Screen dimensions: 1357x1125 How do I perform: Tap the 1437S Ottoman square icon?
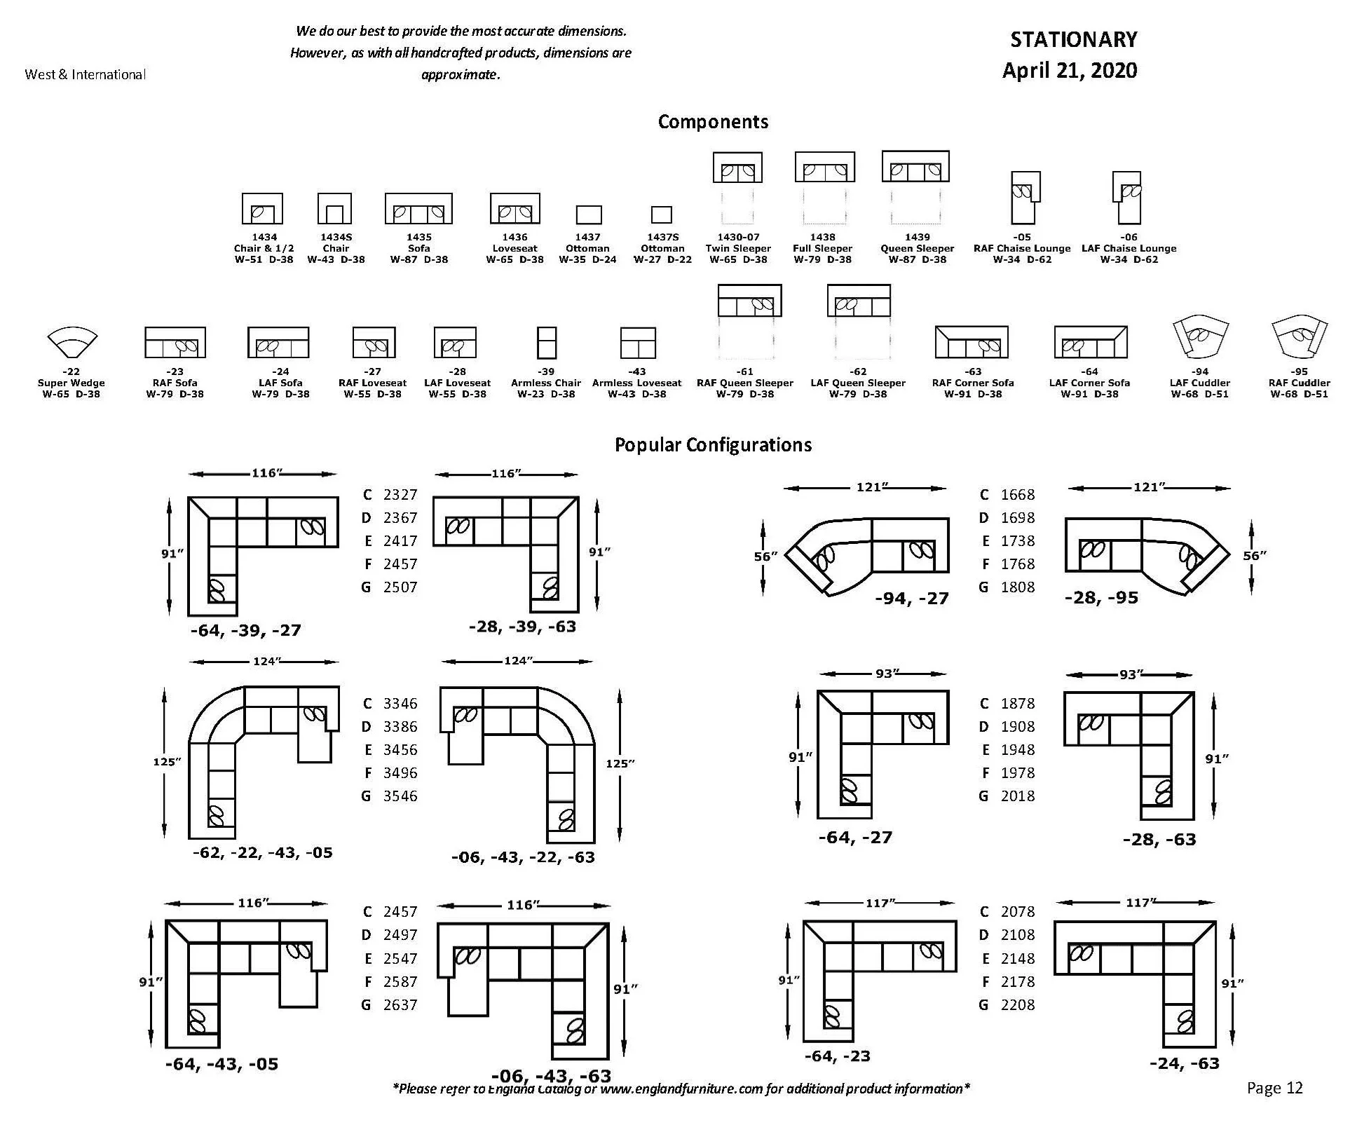pos(661,214)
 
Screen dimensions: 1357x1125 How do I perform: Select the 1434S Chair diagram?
pos(334,209)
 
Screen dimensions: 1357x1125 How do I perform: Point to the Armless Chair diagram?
pos(546,343)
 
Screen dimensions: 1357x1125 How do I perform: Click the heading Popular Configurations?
pos(713,445)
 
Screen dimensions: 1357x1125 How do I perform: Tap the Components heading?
pos(713,122)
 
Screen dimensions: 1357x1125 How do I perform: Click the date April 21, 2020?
pos(1070,71)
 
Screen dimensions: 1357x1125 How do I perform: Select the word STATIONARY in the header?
pos(1073,40)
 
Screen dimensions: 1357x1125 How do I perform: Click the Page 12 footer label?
pos(1274,1087)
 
